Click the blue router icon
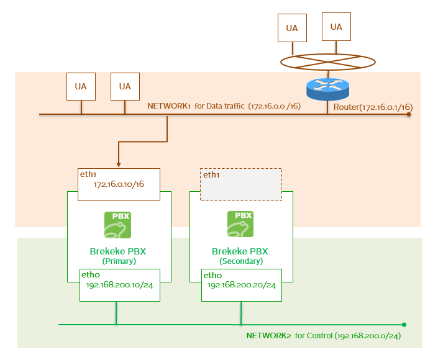tap(327, 88)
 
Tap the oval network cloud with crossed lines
tap(327, 61)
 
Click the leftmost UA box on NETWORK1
tap(81, 86)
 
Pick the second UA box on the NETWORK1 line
tap(125, 86)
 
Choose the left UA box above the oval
tap(292, 28)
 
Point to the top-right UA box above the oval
tap(336, 27)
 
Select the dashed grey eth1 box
tap(240, 184)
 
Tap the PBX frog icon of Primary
tap(117, 225)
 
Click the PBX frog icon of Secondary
tap(240, 225)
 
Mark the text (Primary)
tap(119, 261)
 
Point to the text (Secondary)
tap(240, 261)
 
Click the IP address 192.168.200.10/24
tap(120, 285)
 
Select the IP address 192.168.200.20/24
tap(242, 285)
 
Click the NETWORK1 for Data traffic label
tap(224, 106)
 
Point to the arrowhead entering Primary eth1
tap(118, 164)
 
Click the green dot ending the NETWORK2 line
tap(404, 324)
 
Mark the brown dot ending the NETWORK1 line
tap(409, 114)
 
